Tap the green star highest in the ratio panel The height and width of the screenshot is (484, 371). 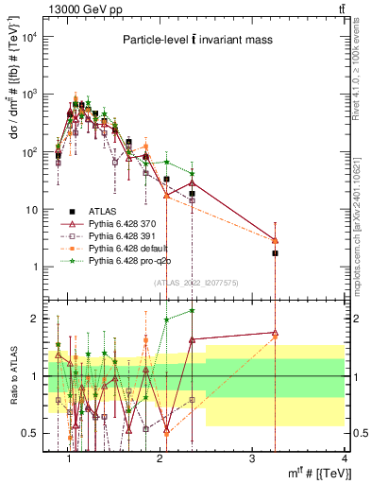(193, 310)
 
